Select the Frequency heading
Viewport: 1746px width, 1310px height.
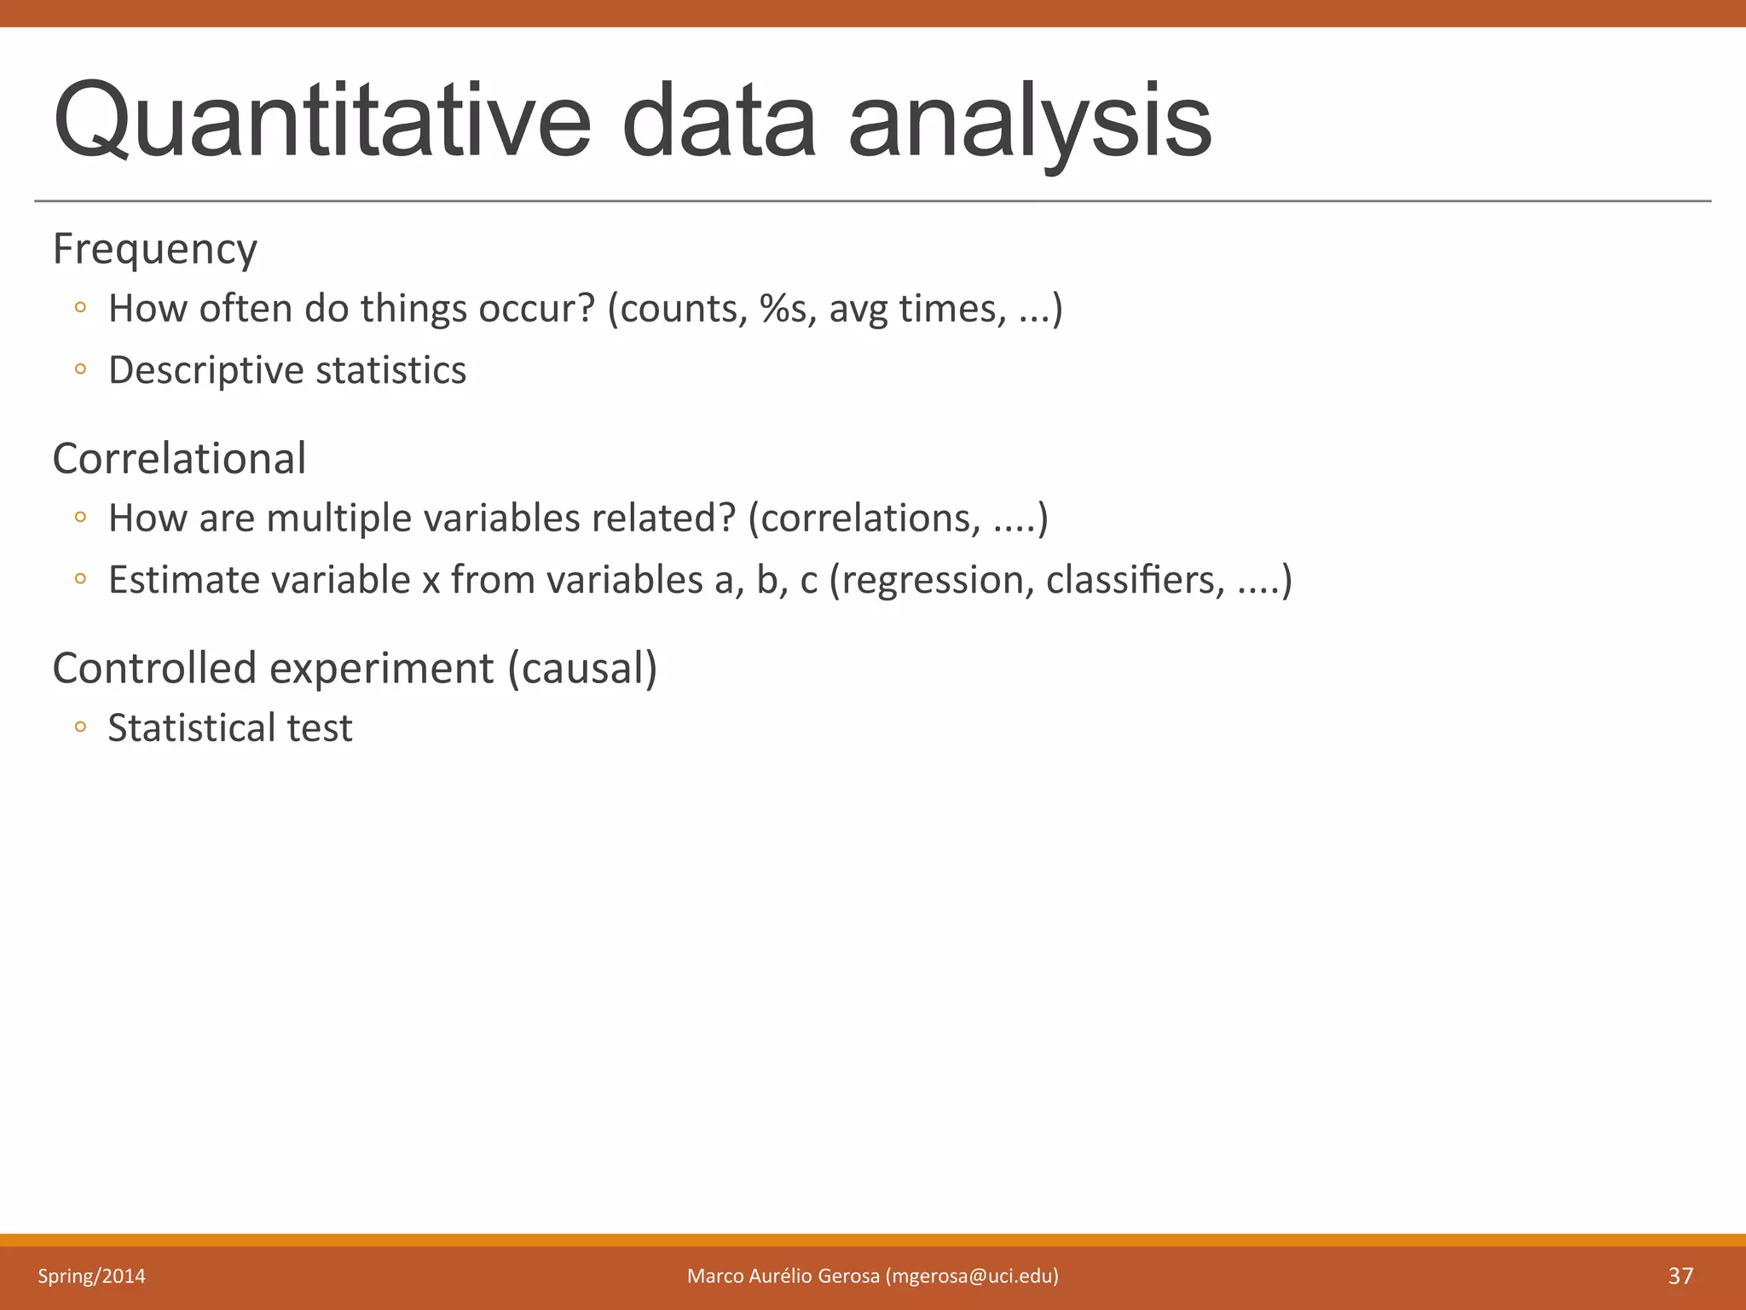pos(154,249)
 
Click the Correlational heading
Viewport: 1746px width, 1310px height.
pos(179,458)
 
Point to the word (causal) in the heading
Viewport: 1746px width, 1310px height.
pos(582,668)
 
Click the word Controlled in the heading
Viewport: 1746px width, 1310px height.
pos(154,668)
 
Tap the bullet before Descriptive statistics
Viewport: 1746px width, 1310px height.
pos(80,369)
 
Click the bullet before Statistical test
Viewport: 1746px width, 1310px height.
pos(80,727)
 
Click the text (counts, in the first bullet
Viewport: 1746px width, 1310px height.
pos(678,308)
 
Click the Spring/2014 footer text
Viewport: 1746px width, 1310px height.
pos(91,1276)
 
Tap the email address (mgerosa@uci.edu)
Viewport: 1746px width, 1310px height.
pos(972,1276)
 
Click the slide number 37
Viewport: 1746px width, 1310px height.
pos(1680,1276)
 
